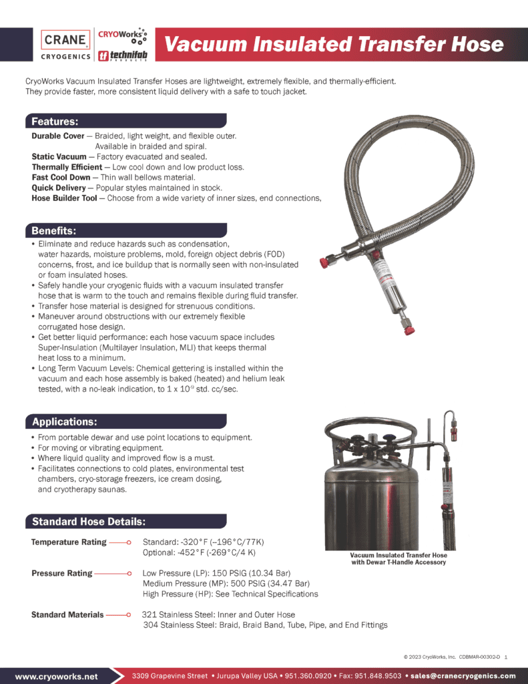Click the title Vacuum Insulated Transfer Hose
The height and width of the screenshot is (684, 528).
[334, 44]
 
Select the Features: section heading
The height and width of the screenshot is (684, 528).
[55, 122]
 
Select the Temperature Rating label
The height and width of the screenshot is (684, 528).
[69, 542]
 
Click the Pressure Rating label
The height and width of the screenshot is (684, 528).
[61, 573]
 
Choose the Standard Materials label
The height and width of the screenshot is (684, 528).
[67, 615]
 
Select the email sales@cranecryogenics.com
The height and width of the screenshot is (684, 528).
[464, 676]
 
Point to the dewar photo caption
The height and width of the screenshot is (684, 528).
[399, 558]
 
